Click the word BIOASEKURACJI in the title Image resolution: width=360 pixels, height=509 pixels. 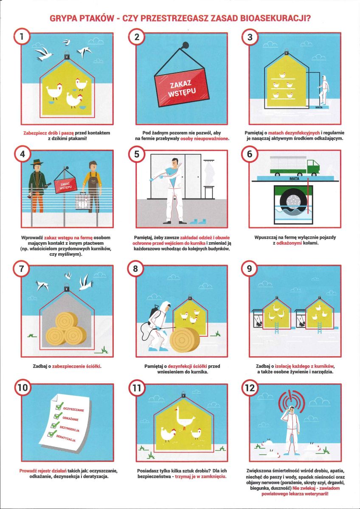click(x=275, y=19)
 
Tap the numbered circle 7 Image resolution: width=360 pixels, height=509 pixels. click(x=22, y=268)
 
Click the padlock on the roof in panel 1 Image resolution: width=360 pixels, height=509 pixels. click(x=67, y=55)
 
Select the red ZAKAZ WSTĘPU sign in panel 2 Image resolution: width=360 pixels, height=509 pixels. click(x=181, y=87)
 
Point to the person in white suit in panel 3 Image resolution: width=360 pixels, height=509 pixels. click(x=323, y=89)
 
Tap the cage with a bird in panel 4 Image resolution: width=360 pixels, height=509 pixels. click(x=82, y=201)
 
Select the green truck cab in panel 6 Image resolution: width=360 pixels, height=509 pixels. click(x=313, y=166)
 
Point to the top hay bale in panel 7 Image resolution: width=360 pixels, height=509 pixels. click(x=67, y=321)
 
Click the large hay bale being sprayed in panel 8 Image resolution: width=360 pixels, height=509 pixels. click(x=185, y=339)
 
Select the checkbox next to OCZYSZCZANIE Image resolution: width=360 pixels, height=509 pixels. click(x=60, y=406)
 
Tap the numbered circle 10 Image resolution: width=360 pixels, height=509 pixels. click(x=23, y=387)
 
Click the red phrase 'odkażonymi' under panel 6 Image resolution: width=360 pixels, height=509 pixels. click(x=289, y=243)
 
